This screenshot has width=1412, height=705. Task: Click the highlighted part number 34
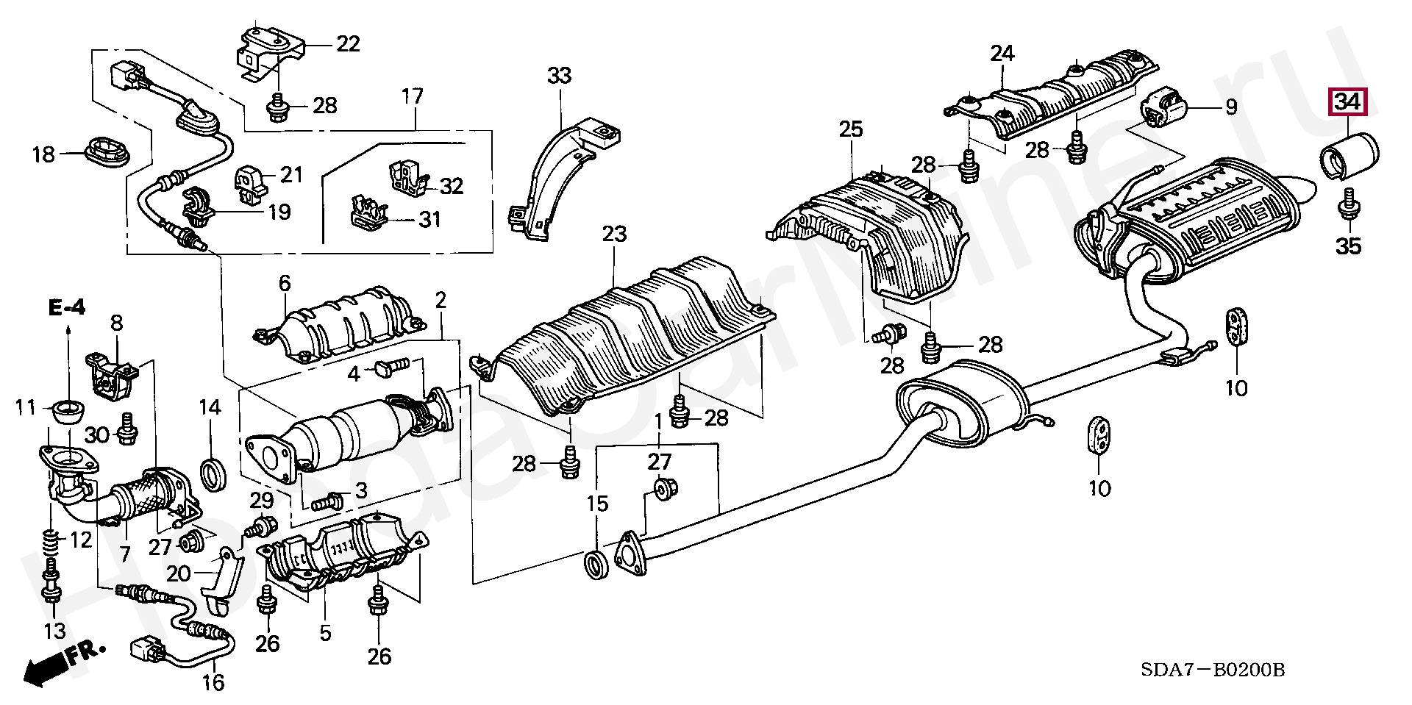coord(1347,102)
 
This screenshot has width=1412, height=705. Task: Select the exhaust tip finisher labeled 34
coord(1350,155)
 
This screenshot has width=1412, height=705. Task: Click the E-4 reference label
coord(68,307)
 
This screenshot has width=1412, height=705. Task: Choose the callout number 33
coord(559,75)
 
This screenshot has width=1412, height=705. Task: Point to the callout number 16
coord(213,683)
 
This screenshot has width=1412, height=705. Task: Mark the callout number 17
coord(413,96)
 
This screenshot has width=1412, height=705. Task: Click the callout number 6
coord(285,283)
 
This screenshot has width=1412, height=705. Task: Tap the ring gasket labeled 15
coord(596,565)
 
